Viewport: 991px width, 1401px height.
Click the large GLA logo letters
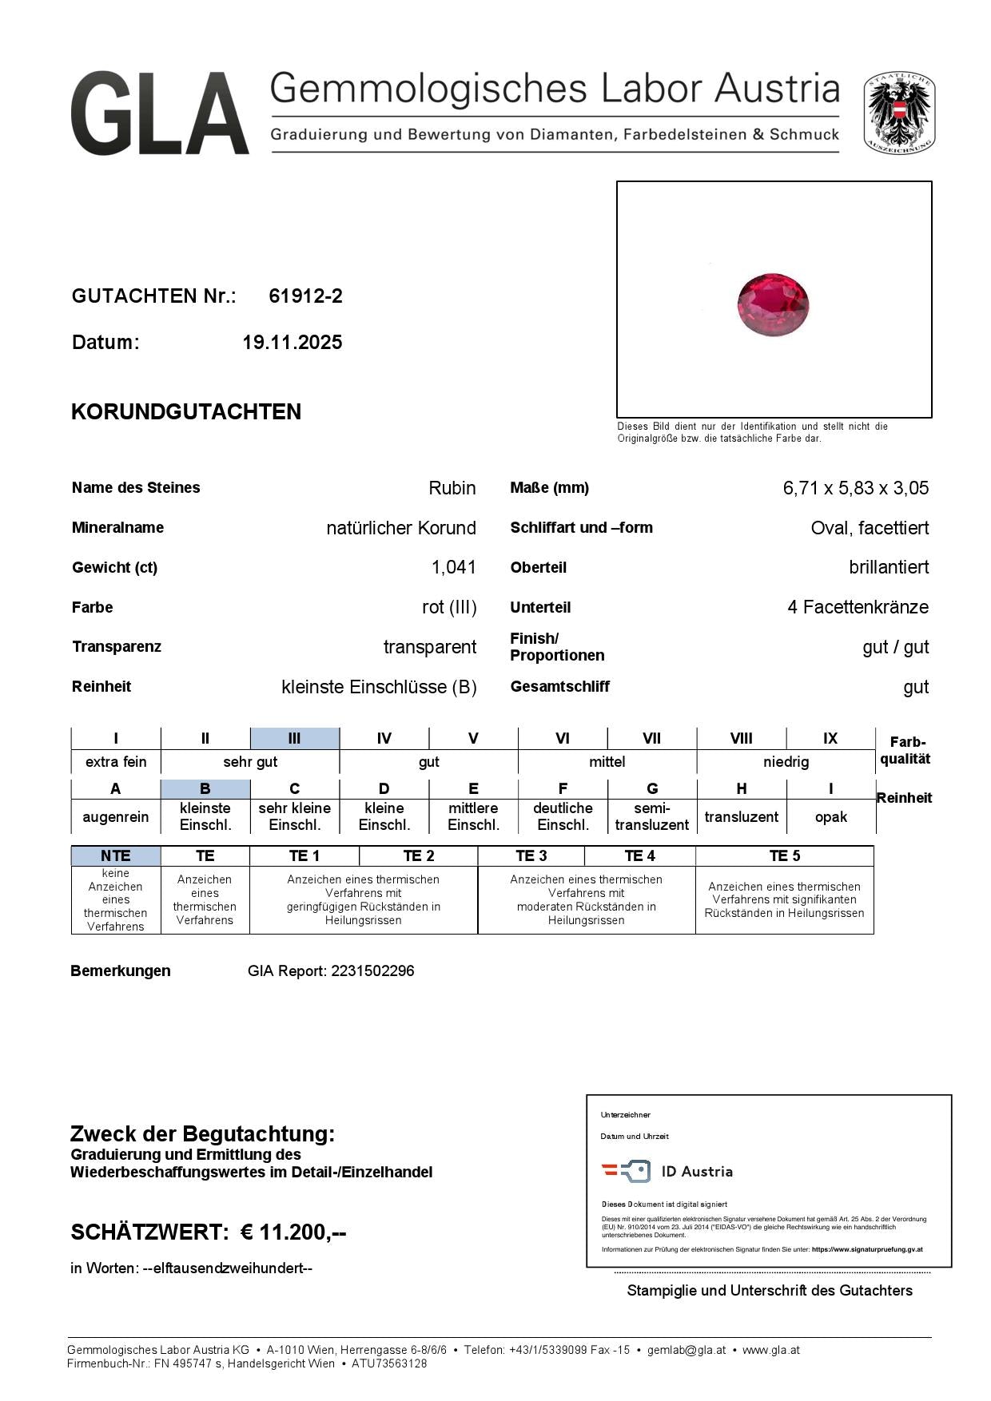(x=160, y=113)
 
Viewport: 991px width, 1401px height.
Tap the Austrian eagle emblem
(x=899, y=113)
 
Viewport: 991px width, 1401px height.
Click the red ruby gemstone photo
(x=773, y=304)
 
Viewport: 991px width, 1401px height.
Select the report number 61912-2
(x=305, y=296)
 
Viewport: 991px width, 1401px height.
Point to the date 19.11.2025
(x=292, y=343)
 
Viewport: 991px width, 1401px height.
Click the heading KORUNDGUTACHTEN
(x=186, y=412)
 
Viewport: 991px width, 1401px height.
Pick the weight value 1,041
(x=453, y=567)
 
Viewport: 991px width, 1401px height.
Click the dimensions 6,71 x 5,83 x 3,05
(x=855, y=488)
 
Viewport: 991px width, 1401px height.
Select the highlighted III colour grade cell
(x=294, y=738)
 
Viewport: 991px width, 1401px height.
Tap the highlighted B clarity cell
(x=205, y=788)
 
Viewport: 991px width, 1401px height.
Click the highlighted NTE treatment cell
(x=116, y=855)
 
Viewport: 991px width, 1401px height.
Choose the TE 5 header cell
(x=784, y=855)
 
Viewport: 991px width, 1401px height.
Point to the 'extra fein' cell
(x=116, y=761)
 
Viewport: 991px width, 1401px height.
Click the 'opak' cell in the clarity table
(x=830, y=816)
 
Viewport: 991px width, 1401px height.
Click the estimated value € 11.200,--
(x=293, y=1232)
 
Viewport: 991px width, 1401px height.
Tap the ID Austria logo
(x=667, y=1172)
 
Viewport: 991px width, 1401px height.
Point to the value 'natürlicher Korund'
(x=401, y=528)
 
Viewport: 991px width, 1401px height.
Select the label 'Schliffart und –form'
(x=581, y=527)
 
